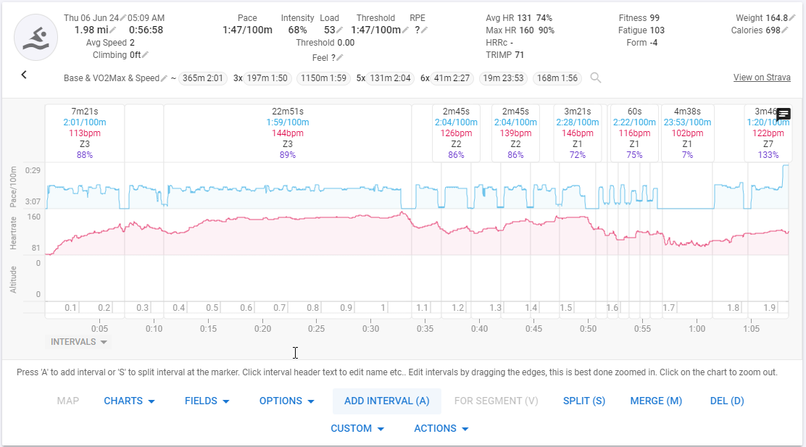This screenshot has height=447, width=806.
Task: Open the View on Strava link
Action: pyautogui.click(x=762, y=78)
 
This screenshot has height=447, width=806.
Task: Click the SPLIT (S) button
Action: pyautogui.click(x=583, y=401)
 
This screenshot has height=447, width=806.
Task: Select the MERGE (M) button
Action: pyautogui.click(x=656, y=401)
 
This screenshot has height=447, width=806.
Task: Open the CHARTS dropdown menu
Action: pyautogui.click(x=129, y=401)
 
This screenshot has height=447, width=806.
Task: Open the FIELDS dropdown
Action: pyautogui.click(x=207, y=401)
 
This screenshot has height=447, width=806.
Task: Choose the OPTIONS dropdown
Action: pyautogui.click(x=287, y=401)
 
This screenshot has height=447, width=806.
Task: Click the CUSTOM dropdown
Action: pyautogui.click(x=357, y=428)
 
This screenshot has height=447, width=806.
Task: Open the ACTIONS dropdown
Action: pyautogui.click(x=441, y=428)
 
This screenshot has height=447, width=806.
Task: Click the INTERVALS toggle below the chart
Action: pyautogui.click(x=79, y=342)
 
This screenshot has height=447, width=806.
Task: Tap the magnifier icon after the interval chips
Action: pyautogui.click(x=596, y=78)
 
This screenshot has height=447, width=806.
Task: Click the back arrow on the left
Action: pyautogui.click(x=24, y=75)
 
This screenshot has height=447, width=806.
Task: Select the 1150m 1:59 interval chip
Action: pyautogui.click(x=324, y=78)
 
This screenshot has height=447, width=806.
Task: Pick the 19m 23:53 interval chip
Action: pyautogui.click(x=504, y=78)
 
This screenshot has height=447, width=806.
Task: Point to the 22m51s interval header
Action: pyautogui.click(x=287, y=112)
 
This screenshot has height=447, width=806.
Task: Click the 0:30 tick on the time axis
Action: pyautogui.click(x=371, y=328)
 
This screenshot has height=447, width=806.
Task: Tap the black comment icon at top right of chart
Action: pyautogui.click(x=784, y=114)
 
